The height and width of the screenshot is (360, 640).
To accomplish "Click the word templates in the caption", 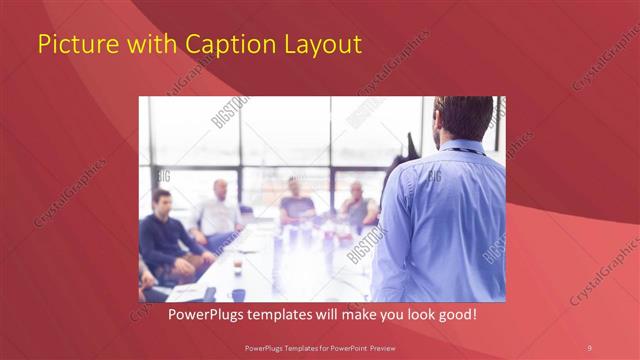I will coord(272,315).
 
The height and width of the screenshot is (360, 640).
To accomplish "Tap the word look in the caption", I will coord(406,315).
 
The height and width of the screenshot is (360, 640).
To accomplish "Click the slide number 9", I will coord(589,346).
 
